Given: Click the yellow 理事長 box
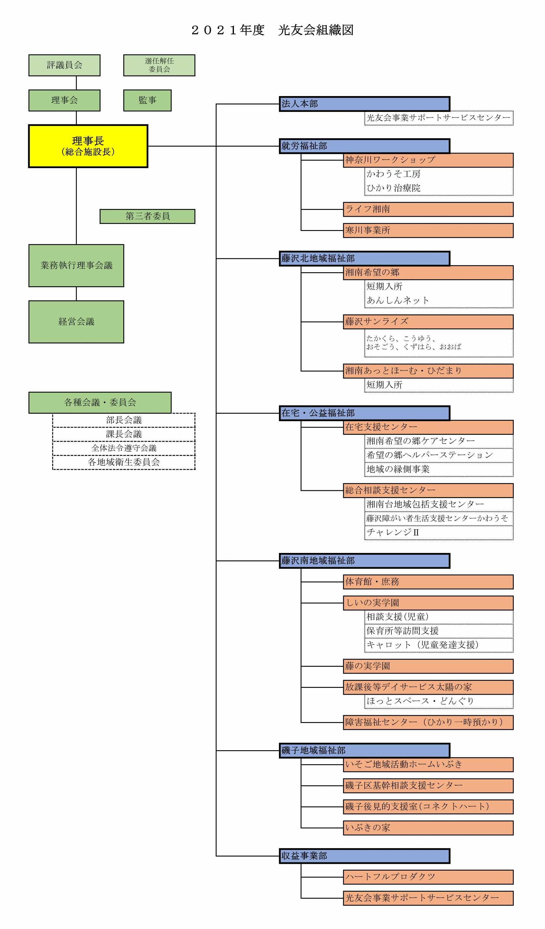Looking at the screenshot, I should coord(88,146).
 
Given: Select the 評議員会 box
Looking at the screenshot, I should coord(65,65).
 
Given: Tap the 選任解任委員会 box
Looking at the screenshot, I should coord(159,65).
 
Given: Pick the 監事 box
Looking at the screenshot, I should coord(147,100).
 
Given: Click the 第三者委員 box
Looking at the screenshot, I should coord(147,216).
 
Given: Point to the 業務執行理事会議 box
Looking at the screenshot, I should coord(76,265).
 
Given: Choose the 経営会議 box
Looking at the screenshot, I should coord(76,322).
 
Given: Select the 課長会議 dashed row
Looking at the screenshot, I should coord(124,434).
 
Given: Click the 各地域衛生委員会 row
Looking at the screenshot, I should coord(124,462).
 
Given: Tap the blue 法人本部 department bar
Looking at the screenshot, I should coord(364,104).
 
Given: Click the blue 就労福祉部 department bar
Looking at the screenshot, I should coord(364,146).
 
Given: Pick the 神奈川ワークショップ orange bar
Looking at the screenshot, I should coord(428,160).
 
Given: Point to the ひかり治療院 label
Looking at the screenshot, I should coord(394,188).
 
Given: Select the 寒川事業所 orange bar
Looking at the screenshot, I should coord(428,230).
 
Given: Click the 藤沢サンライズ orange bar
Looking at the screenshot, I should coord(428,322).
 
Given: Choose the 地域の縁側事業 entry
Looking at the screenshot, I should coord(398,469).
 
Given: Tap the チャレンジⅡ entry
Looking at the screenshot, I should coord(393,533).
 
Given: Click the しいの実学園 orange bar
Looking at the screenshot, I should coord(428,603).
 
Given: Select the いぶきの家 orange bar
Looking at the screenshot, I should coord(428,828).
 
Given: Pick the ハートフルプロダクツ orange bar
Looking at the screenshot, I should coord(428,877).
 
